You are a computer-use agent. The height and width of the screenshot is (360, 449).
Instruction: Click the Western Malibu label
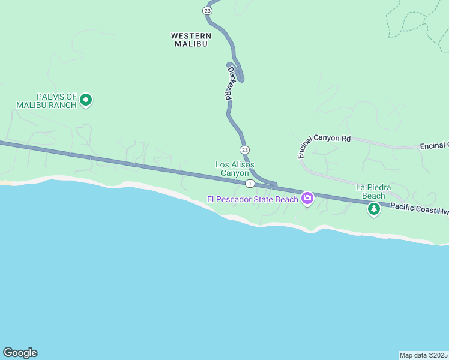191,40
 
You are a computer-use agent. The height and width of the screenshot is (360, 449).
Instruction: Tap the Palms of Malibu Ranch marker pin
86,100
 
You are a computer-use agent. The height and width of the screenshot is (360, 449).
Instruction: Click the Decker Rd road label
229,83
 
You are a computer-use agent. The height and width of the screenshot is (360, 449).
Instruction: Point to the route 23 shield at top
207,10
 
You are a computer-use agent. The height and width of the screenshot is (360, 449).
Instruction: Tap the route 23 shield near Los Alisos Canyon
244,149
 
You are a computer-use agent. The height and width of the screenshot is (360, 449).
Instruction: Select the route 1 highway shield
249,183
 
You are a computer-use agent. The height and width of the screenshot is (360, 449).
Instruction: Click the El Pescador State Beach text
253,199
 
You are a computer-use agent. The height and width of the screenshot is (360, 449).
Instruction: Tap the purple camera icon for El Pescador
307,198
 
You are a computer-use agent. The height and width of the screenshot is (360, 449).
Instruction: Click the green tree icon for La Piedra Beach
374,209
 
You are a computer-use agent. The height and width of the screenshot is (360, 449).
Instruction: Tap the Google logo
20,353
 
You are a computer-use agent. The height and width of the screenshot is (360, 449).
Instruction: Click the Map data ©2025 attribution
423,355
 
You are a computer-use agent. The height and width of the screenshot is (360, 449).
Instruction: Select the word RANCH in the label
63,105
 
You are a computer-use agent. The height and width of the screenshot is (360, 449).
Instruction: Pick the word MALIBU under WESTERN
191,44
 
